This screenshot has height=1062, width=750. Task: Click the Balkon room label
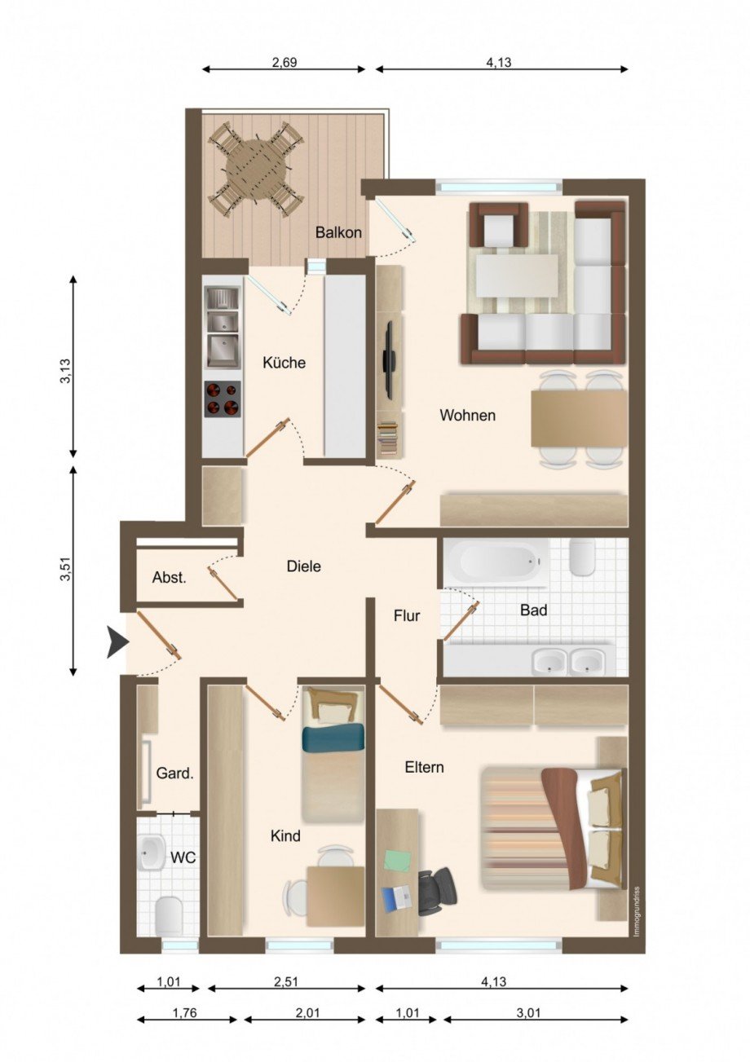tap(338, 232)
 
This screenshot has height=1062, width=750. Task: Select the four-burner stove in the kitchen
tap(222, 399)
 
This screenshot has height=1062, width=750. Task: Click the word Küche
tap(284, 363)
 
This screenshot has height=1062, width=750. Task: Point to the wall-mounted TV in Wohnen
tap(390, 358)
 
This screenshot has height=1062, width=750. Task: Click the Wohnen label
tap(467, 415)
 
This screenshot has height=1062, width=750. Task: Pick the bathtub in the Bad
tap(493, 562)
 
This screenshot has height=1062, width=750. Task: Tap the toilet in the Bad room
tap(582, 558)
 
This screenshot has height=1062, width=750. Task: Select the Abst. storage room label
tap(170, 578)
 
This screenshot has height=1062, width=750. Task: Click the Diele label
tap(303, 566)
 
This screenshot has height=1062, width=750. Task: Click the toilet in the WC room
tap(168, 915)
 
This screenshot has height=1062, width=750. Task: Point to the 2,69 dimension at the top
tap(284, 62)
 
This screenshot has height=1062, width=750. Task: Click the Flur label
tap(407, 615)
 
